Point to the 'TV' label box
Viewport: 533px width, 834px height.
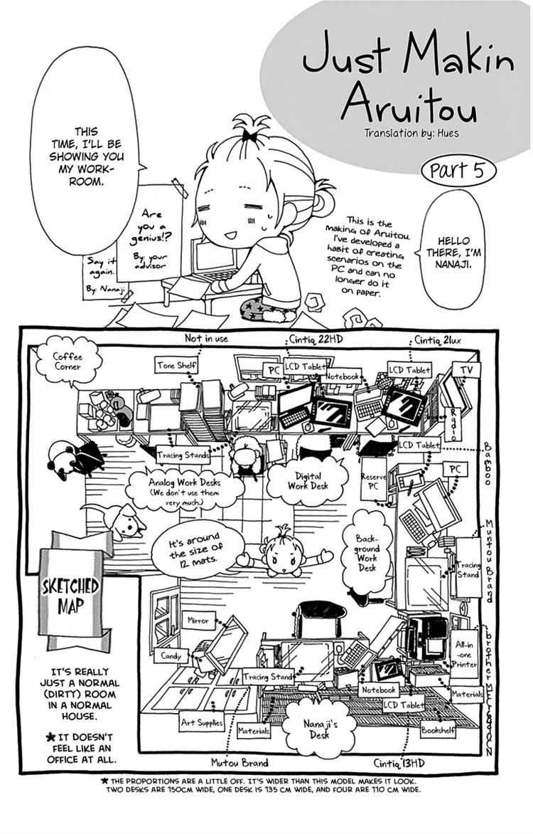click(x=466, y=371)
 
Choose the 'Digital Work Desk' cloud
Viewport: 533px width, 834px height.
click(x=307, y=481)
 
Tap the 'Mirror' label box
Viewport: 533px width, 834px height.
click(x=198, y=621)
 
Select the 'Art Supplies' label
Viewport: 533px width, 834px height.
click(x=201, y=722)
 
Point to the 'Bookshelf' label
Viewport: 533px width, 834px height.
click(x=438, y=729)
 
